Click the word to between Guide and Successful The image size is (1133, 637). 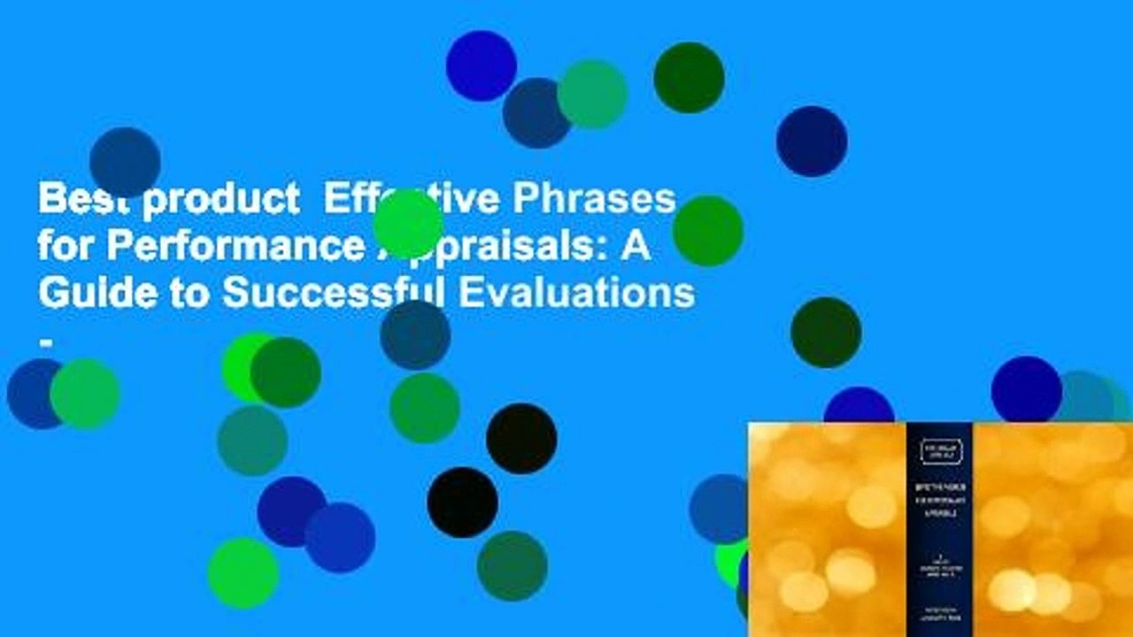coord(185,293)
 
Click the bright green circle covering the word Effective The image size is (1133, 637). coord(407,223)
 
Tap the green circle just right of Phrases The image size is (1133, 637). coord(707,231)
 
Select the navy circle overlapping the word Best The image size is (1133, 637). coord(125,162)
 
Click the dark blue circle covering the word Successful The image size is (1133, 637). coord(415,334)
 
